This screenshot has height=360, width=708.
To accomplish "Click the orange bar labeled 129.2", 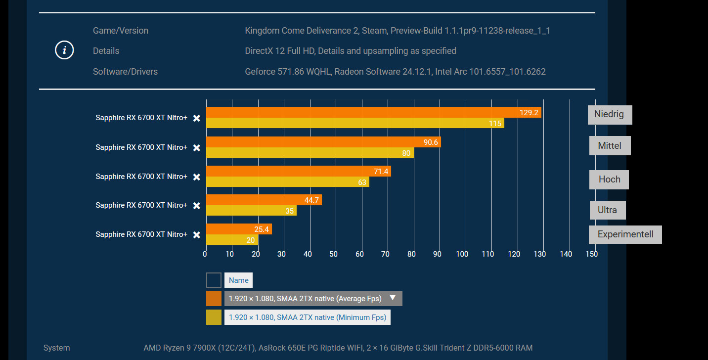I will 373,112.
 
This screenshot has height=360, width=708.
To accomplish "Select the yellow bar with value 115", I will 355,123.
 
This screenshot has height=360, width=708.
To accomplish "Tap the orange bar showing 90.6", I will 323,142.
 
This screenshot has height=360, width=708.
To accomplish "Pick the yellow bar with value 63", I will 287,182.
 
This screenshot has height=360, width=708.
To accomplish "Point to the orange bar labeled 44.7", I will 264,200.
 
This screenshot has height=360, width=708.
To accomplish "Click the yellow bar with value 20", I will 232,240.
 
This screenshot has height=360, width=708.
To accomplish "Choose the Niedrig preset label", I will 610,115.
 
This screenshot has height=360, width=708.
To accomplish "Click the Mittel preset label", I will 610,146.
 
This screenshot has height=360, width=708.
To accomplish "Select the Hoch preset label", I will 609,180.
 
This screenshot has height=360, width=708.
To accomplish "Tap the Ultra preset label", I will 608,210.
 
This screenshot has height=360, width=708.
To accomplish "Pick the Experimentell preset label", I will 625,234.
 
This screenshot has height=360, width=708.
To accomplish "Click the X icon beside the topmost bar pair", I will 197,118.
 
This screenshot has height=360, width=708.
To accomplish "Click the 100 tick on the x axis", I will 462,254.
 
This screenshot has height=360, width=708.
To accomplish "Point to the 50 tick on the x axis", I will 334,254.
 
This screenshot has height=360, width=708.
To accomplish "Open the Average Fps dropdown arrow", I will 393,298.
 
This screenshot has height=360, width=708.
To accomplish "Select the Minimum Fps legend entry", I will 307,317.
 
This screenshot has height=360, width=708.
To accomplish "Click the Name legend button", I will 238,280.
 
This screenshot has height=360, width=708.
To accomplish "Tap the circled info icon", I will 64,50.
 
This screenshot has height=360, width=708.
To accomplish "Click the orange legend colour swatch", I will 214,299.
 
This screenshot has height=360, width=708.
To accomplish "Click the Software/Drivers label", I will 125,72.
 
